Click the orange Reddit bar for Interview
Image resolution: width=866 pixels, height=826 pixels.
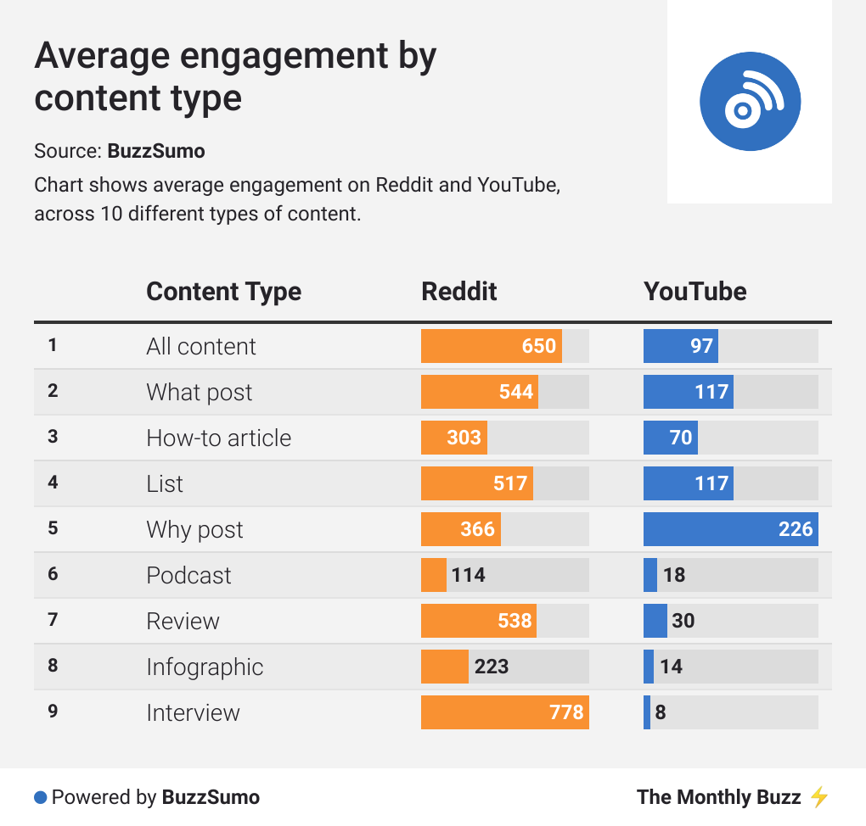click(504, 712)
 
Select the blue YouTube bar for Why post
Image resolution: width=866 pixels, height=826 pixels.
click(730, 529)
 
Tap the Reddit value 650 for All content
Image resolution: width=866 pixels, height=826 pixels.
click(539, 346)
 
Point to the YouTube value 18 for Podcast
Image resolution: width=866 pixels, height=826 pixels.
click(674, 575)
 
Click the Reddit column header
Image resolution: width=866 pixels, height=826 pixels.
click(459, 292)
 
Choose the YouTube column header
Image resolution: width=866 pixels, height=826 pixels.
click(695, 292)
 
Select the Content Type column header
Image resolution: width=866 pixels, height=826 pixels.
click(223, 292)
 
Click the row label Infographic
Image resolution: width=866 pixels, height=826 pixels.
click(205, 667)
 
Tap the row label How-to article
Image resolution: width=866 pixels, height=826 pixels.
click(218, 438)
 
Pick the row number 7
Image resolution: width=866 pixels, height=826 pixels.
click(53, 620)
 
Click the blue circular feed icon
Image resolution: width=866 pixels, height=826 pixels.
click(750, 101)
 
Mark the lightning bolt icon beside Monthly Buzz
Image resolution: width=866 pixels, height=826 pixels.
click(818, 797)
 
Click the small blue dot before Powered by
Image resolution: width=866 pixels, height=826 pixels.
click(40, 797)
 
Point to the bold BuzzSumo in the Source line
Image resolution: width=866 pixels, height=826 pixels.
click(156, 152)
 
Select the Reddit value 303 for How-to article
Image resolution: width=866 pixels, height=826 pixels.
click(464, 438)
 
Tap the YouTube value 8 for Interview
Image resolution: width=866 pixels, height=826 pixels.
click(661, 712)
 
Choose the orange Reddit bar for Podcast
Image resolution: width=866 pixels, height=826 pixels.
click(434, 575)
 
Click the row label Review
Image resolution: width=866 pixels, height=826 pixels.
click(183, 621)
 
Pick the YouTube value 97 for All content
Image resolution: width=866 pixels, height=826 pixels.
click(701, 346)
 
